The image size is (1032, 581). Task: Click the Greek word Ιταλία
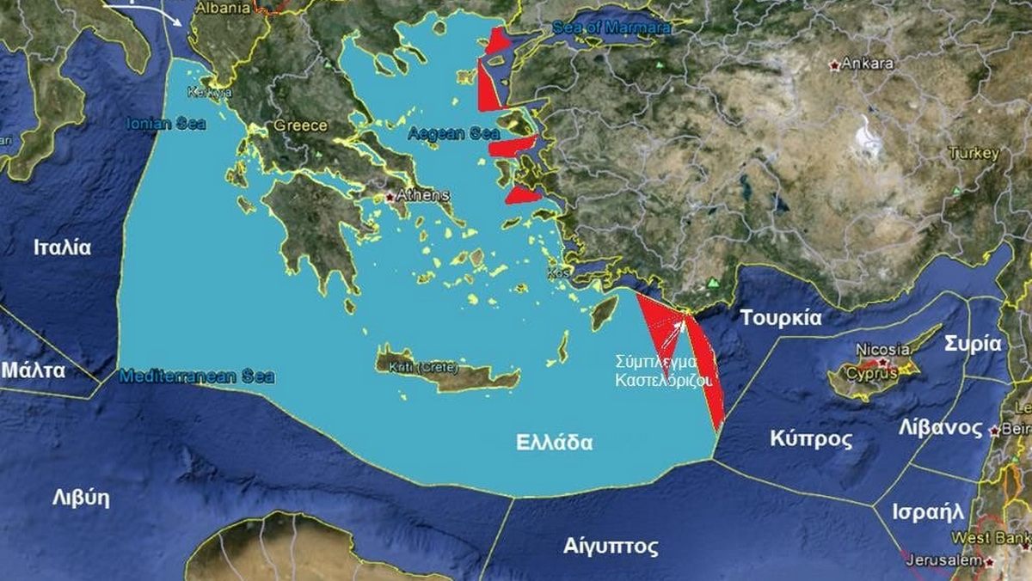62,248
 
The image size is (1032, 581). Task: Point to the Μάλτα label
34,370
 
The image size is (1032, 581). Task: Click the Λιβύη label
81,498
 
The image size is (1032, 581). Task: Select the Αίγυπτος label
611,546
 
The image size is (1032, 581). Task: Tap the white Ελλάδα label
555,443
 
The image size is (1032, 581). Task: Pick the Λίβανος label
940,427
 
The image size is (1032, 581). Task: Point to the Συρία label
973,343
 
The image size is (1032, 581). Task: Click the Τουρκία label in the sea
781,317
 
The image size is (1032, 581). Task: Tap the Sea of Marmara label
612,28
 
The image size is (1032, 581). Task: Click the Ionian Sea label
166,123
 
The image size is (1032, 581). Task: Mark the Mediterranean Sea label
197,376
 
